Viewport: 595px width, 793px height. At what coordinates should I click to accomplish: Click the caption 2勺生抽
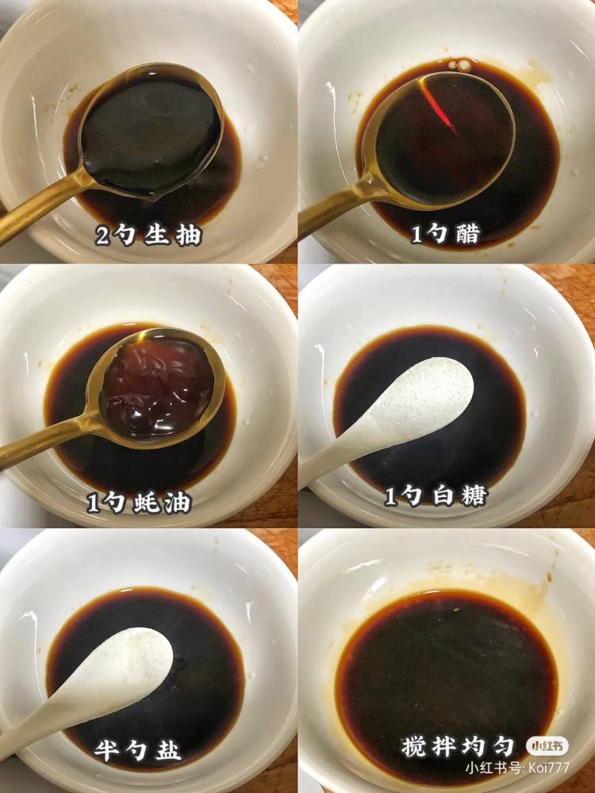click(148, 236)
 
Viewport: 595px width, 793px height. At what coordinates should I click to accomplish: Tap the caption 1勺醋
click(445, 234)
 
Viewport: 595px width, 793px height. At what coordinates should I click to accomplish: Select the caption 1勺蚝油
click(139, 503)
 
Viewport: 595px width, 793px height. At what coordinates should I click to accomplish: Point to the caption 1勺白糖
click(436, 496)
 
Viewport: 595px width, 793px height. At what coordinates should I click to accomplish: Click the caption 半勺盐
click(137, 750)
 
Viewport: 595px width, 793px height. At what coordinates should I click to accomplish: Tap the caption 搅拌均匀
click(458, 746)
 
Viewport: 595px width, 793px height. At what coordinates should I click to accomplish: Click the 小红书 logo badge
click(547, 746)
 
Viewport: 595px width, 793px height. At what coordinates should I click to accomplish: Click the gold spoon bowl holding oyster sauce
click(155, 387)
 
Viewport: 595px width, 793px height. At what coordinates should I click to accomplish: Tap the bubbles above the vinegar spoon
click(459, 65)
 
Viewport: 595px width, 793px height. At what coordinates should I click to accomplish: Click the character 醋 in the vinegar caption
click(467, 234)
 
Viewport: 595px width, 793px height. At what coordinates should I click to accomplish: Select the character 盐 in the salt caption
click(167, 750)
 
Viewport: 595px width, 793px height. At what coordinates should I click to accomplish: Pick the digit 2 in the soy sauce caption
click(102, 236)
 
